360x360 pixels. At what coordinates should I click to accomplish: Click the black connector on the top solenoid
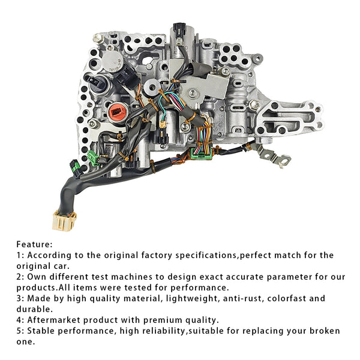click(178, 29)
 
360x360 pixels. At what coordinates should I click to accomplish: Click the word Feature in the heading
click(34, 244)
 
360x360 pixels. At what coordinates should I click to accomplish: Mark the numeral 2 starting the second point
click(19, 277)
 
